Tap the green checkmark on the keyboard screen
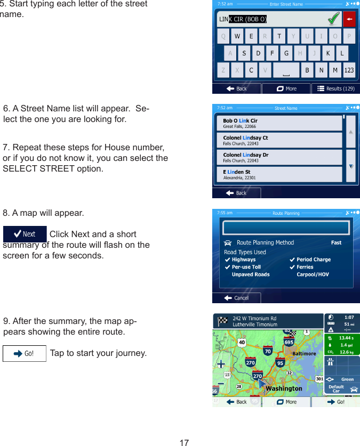tap(334, 20)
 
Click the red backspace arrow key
tap(349, 20)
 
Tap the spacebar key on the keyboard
tap(286, 70)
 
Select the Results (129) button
tap(335, 88)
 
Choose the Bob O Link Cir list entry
tap(282, 123)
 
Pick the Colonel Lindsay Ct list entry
tap(282, 140)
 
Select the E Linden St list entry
tap(282, 175)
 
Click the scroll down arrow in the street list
tap(350, 166)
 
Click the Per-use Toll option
tap(246, 267)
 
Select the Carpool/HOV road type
tap(313, 274)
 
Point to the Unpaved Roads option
tap(250, 274)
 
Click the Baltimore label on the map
tap(305, 353)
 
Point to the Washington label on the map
tap(284, 388)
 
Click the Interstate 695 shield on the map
tap(289, 342)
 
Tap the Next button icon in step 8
tap(25, 234)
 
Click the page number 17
tap(184, 442)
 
